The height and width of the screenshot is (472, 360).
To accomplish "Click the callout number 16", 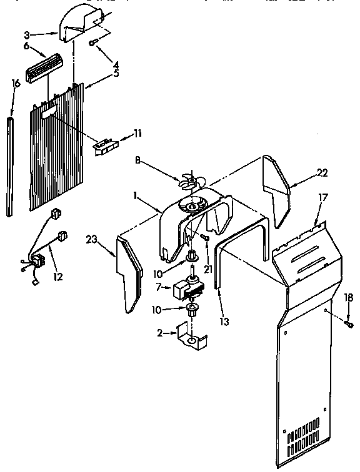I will coord(16,82).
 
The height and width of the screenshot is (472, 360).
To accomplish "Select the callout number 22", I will coord(322,172).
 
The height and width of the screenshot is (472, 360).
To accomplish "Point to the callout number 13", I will coord(224,322).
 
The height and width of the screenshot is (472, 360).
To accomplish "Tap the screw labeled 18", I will coord(348,325).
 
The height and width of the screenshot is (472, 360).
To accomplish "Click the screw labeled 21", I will coord(206,237).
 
